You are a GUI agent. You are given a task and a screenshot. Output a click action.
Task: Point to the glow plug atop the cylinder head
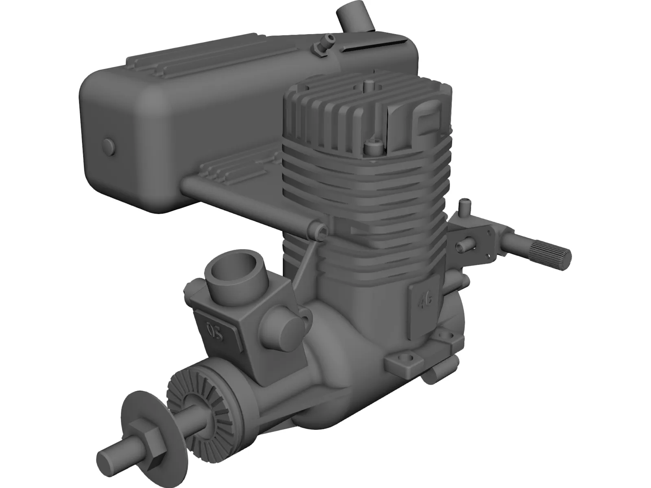369,86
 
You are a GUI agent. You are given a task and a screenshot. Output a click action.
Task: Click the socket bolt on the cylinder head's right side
371,147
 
